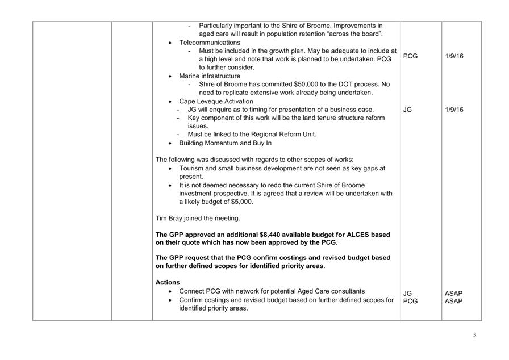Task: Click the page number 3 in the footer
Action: pos(474,335)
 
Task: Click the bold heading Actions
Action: pos(168,282)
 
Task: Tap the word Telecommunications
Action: pos(210,43)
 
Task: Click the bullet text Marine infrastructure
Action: pos(210,76)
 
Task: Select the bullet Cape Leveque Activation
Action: pos(216,101)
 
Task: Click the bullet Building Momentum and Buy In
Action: pos(225,143)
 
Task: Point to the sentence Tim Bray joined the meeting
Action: pos(198,218)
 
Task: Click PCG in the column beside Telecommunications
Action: pos(410,56)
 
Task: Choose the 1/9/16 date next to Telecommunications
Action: pos(454,56)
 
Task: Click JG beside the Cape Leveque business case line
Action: pos(407,110)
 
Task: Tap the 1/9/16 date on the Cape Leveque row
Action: pos(454,110)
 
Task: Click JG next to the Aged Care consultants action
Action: pos(407,294)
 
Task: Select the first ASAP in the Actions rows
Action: pos(453,294)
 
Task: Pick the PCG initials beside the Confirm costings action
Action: pos(410,302)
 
